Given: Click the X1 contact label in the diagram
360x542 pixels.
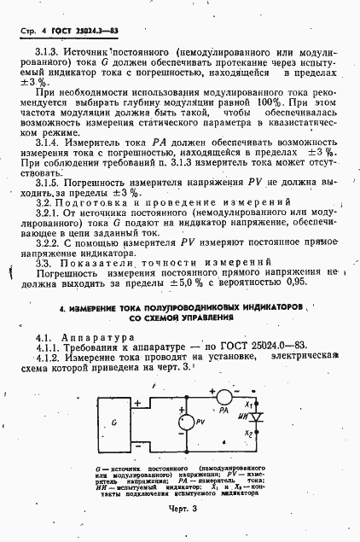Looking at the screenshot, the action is [248, 403].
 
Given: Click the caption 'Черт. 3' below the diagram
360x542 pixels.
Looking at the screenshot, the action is [180, 510].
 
